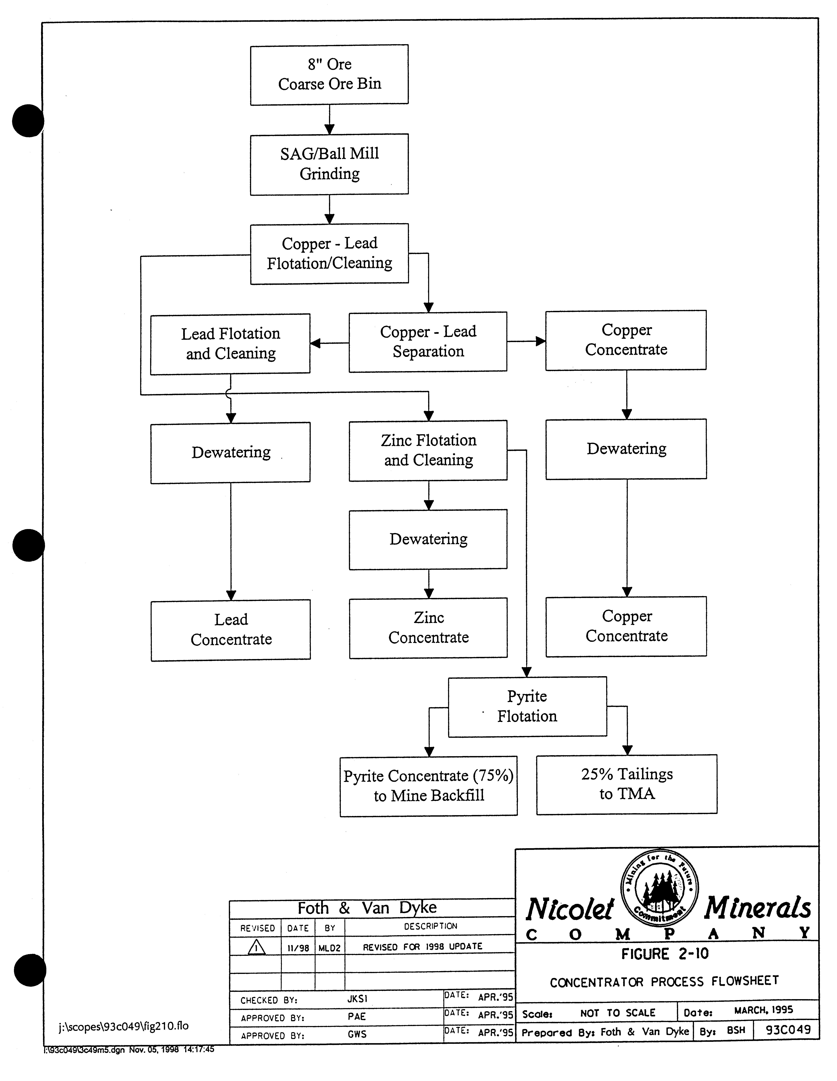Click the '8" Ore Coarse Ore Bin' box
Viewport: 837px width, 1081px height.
coord(329,75)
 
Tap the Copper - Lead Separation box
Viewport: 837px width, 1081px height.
coord(428,342)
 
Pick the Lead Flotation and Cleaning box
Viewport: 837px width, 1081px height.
coord(230,344)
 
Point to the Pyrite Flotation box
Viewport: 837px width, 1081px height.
coord(527,706)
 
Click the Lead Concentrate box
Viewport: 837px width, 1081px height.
coord(231,630)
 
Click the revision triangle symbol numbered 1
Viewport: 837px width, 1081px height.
coord(256,947)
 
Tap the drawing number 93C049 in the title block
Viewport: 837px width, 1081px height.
coord(788,1030)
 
